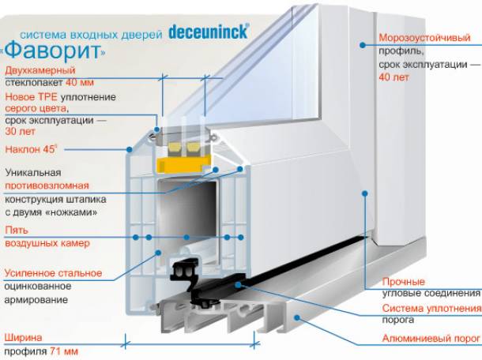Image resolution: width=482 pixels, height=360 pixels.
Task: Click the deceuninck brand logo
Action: tap(209, 32)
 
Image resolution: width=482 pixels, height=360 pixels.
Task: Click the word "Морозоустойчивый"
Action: tap(419, 37)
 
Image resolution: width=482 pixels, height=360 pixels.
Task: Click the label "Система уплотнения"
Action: tap(431, 308)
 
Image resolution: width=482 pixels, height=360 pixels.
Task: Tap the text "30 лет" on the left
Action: tap(20, 133)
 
